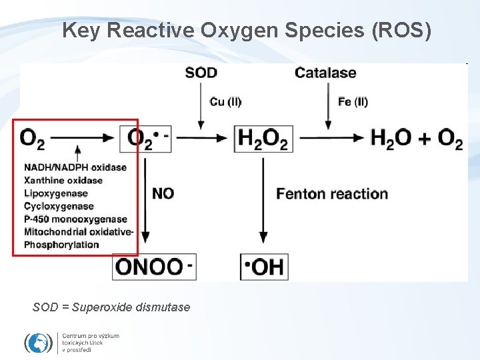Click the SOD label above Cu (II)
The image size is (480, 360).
tap(201, 73)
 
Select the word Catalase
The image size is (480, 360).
tap(325, 73)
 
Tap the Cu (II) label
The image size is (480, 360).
tap(225, 102)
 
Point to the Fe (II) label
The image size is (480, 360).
tap(353, 102)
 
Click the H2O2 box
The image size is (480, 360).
tap(262, 139)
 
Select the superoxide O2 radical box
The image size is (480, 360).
tap(146, 139)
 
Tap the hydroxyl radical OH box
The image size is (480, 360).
tap(264, 267)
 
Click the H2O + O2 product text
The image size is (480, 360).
tap(417, 139)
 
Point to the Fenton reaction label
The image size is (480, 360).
tap(331, 193)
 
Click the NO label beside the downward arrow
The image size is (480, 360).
tap(163, 193)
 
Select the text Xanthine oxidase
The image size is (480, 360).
tap(63, 180)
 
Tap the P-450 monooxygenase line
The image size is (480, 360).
tap(75, 219)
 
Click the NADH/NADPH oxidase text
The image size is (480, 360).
tap(75, 167)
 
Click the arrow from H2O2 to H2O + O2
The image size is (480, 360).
tap(331, 139)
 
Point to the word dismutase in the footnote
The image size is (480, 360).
tap(162, 307)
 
